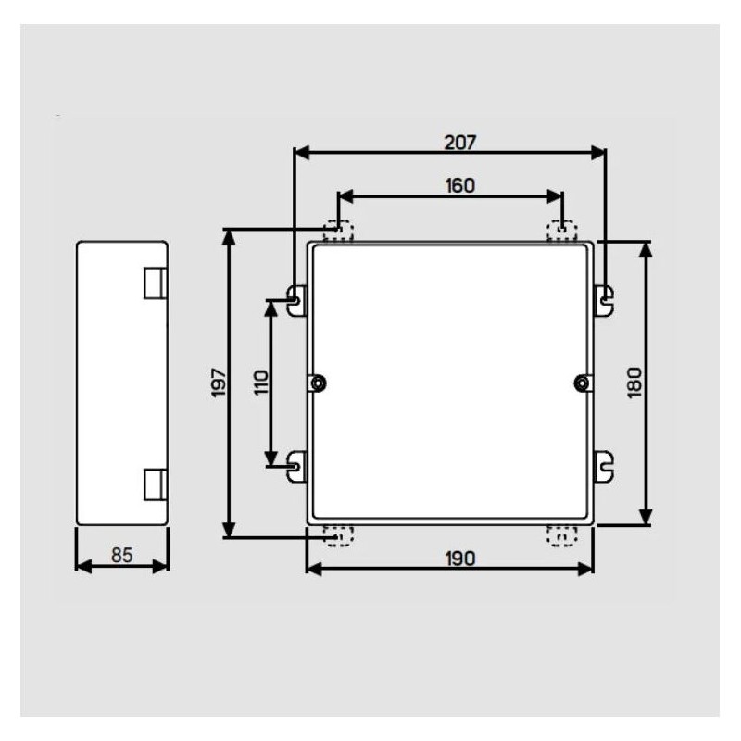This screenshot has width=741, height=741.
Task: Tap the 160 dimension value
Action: click(458, 185)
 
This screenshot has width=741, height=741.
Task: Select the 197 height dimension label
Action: click(219, 383)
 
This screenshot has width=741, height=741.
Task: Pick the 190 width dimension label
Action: click(458, 558)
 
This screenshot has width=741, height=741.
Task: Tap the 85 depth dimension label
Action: click(121, 556)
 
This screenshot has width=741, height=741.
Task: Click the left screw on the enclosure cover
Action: click(318, 383)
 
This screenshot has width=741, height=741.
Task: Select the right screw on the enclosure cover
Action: click(582, 383)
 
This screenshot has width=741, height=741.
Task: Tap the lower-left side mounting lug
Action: click(296, 464)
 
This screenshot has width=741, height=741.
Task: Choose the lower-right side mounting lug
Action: click(603, 464)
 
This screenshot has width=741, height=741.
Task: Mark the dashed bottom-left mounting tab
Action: click(340, 535)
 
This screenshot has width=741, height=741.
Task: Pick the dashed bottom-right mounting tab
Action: click(561, 535)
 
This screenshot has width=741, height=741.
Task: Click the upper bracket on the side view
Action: click(155, 283)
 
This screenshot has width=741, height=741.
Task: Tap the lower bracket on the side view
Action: click(155, 483)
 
